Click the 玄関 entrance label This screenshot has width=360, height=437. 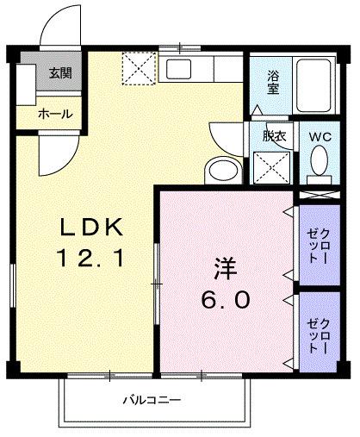click(x=59, y=73)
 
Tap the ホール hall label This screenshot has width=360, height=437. click(x=56, y=114)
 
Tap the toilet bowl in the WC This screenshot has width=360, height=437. click(x=319, y=159)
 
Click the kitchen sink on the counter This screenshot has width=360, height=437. click(x=182, y=70)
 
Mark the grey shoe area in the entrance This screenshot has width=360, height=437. click(x=28, y=73)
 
